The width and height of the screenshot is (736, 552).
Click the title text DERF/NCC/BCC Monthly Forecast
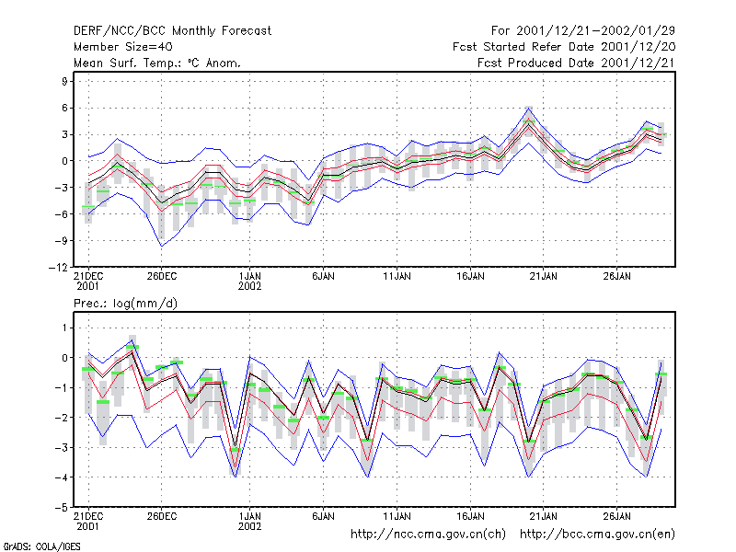(172, 31)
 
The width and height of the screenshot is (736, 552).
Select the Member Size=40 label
(123, 47)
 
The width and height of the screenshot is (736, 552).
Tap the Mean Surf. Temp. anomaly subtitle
(156, 63)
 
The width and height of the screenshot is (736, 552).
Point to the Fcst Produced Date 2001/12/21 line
(576, 63)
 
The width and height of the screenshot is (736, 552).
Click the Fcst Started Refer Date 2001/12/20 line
(564, 47)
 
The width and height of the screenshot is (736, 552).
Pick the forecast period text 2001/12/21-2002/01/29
(595, 31)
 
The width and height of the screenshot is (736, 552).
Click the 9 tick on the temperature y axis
(64, 81)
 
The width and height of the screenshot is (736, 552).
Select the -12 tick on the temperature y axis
(58, 268)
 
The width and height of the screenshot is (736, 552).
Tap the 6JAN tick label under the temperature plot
(324, 276)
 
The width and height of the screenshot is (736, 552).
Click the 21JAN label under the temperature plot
(544, 276)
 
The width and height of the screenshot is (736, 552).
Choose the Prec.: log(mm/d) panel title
(125, 304)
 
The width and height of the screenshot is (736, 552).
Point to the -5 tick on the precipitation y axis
(62, 508)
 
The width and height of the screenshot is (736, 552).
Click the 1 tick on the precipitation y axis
(64, 328)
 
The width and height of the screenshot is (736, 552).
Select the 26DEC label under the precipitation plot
(162, 516)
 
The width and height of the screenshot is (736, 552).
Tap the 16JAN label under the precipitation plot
(470, 516)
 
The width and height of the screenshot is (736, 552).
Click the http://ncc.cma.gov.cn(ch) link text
(428, 535)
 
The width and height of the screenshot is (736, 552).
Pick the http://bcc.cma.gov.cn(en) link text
(597, 535)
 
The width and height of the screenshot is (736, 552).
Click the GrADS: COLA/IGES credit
(41, 546)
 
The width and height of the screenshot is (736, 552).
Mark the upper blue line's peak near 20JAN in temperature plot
(528, 109)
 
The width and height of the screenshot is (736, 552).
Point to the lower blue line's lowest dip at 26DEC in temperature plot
(162, 246)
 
